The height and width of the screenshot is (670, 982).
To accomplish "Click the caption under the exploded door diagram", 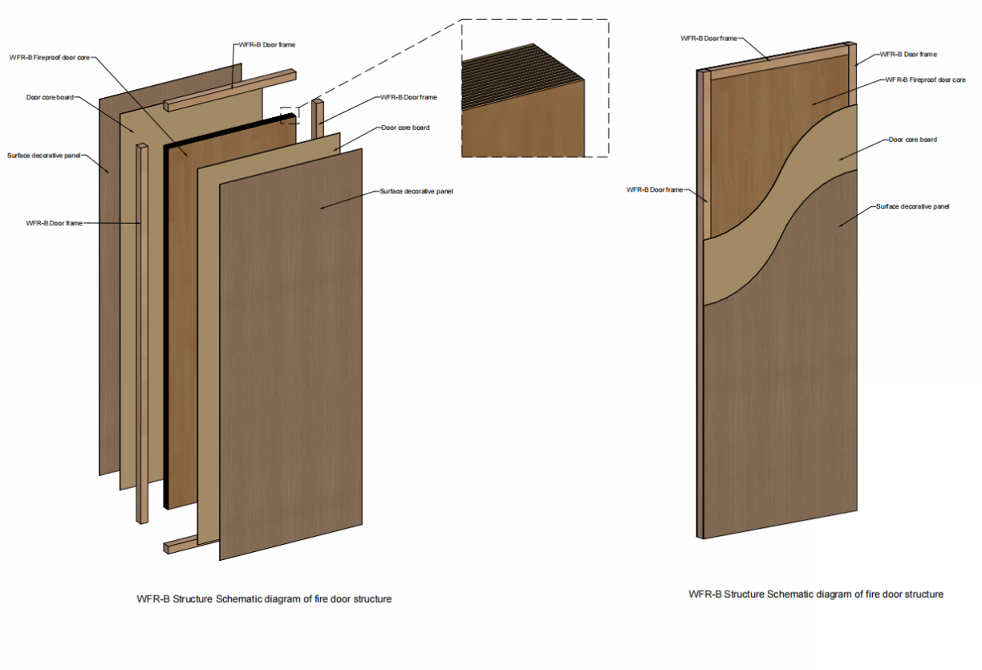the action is click(x=264, y=599).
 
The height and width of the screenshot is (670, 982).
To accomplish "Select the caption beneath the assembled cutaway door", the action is click(x=816, y=595).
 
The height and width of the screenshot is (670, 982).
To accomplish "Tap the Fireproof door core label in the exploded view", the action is click(x=50, y=58).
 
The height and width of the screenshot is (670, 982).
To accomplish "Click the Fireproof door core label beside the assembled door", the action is click(x=926, y=79).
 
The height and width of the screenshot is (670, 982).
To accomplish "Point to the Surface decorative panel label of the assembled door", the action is click(x=913, y=206).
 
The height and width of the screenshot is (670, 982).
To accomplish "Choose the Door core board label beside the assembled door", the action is click(x=913, y=140).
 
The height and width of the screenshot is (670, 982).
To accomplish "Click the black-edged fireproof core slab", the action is click(x=229, y=311).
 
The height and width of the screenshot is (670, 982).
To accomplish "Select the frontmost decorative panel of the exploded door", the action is click(x=290, y=355).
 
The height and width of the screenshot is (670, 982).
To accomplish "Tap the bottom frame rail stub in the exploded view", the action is click(x=181, y=545).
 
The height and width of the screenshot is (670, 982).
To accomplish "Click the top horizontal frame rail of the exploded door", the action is click(x=230, y=91).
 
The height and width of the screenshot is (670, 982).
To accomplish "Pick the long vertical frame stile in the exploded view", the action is click(x=142, y=333).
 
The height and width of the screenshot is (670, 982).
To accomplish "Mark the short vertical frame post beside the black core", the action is click(x=318, y=120).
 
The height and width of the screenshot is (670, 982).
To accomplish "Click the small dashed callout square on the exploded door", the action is click(x=290, y=116).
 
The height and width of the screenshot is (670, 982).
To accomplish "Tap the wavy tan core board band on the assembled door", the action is click(x=781, y=206).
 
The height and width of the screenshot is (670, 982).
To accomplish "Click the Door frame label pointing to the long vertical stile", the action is click(x=55, y=223).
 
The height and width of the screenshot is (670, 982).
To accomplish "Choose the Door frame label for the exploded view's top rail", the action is click(x=267, y=45).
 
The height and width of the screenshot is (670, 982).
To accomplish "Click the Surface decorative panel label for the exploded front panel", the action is click(x=416, y=191).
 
